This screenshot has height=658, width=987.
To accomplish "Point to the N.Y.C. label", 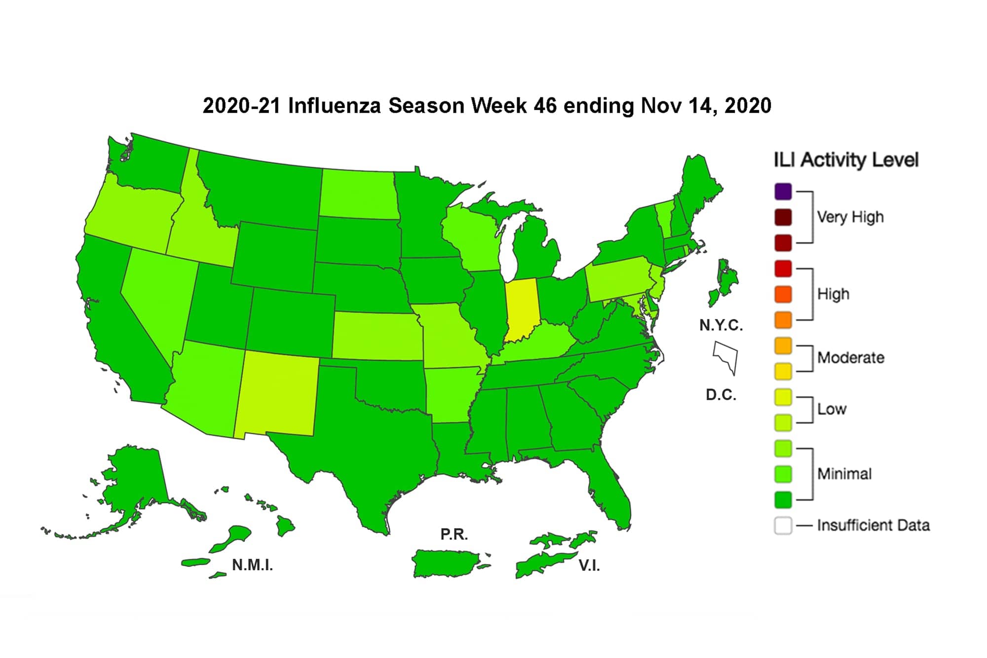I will pyautogui.click(x=721, y=325).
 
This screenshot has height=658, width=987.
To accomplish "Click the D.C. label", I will pyautogui.click(x=721, y=395).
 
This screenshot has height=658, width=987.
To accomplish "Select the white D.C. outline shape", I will pyautogui.click(x=726, y=356).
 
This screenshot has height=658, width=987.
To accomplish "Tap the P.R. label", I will pyautogui.click(x=454, y=534).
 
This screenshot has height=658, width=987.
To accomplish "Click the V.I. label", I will pyautogui.click(x=589, y=566).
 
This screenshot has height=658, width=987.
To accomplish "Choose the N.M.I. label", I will pyautogui.click(x=252, y=565).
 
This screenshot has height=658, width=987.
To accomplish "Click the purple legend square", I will pyautogui.click(x=783, y=192).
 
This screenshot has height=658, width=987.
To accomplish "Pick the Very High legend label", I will pyautogui.click(x=850, y=217).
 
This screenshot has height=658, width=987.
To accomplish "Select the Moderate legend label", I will pyautogui.click(x=850, y=357).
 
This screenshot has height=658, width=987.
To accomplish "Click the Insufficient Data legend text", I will pyautogui.click(x=873, y=525).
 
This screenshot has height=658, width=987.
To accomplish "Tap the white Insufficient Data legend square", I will pyautogui.click(x=783, y=525).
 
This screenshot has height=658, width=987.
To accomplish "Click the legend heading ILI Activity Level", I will pyautogui.click(x=846, y=160).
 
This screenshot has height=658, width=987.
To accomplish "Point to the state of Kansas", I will pyautogui.click(x=378, y=336).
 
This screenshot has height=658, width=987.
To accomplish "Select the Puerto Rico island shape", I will pyautogui.click(x=444, y=563).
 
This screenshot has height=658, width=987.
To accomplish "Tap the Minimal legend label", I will pyautogui.click(x=844, y=474).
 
